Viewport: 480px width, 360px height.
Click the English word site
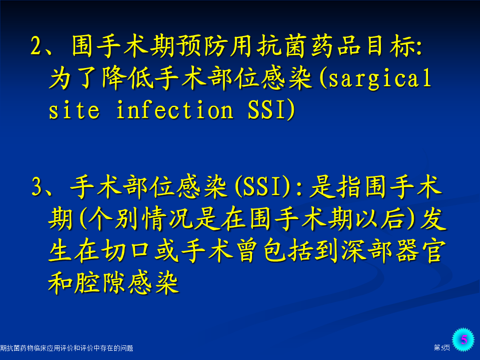pyautogui.click(x=74, y=110)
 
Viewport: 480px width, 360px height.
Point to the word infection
pyautogui.click(x=175, y=110)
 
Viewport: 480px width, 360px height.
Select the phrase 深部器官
pyautogui.click(x=393, y=251)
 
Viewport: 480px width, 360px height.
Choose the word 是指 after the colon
pyautogui.click(x=335, y=186)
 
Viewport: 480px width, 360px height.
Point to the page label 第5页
pyautogui.click(x=442, y=348)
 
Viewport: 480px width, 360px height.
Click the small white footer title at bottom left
pyautogui.click(x=66, y=348)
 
